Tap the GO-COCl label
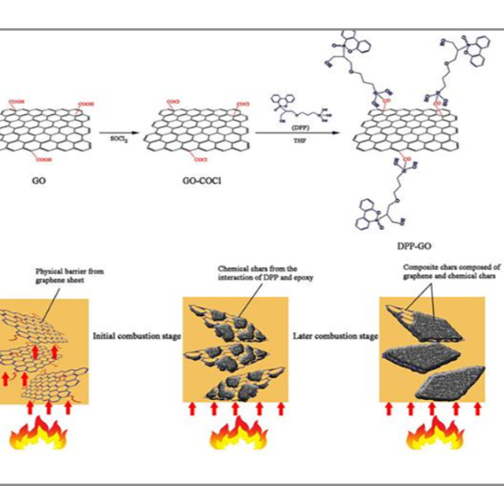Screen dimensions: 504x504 [x=203, y=180]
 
